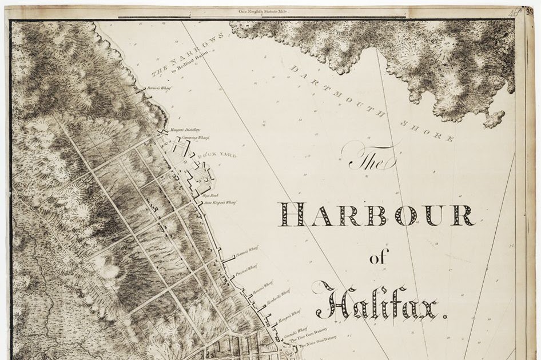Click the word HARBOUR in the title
376,215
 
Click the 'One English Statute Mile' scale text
261,11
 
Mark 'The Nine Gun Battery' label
312,347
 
